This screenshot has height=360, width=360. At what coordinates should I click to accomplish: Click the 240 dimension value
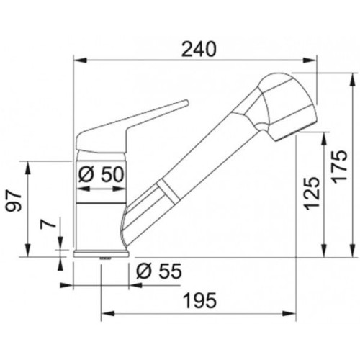199,49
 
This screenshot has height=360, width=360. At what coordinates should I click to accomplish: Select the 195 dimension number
200,300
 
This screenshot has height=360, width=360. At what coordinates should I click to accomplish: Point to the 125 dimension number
312,194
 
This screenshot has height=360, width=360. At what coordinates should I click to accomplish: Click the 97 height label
14,202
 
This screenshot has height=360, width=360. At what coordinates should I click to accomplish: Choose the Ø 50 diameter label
102,174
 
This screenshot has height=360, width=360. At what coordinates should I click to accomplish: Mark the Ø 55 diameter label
159,271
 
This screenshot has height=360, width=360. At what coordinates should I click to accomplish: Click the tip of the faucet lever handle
186,102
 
